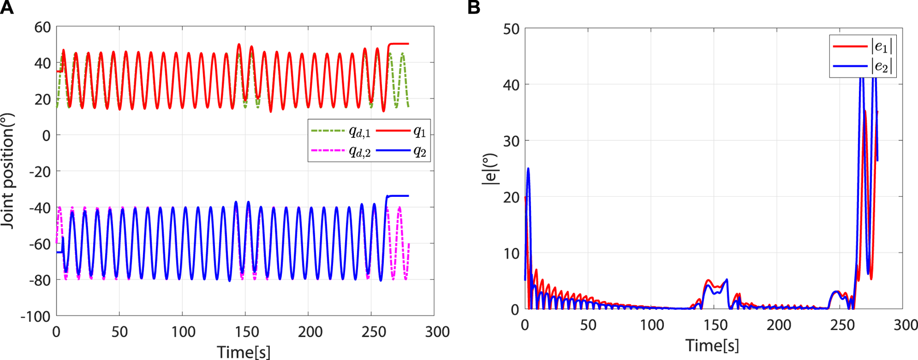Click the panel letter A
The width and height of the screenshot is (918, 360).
[7, 7]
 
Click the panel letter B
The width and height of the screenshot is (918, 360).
[474, 7]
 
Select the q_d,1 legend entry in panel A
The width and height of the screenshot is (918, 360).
[359, 132]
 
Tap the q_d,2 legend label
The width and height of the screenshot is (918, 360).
[359, 152]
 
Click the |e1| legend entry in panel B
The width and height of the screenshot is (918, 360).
[881, 47]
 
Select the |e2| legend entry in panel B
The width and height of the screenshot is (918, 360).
[881, 66]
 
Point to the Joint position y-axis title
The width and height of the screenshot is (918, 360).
[7, 171]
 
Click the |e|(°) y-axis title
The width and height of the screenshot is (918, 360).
[489, 169]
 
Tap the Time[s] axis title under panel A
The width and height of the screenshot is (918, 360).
[243, 352]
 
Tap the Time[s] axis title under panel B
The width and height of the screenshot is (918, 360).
[712, 345]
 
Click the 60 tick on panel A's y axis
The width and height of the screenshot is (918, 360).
[42, 27]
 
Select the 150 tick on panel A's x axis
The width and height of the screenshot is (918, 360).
[247, 332]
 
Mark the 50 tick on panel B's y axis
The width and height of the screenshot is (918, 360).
[511, 29]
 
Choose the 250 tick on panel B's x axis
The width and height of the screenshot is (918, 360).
[842, 325]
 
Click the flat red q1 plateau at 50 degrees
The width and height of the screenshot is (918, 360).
[399, 44]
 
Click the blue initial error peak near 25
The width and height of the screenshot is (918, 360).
[528, 169]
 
